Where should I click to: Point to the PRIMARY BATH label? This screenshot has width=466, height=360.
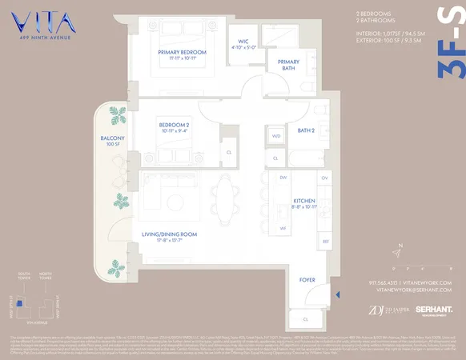(x=288, y=66)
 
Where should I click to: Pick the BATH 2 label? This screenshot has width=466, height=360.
(x=307, y=130)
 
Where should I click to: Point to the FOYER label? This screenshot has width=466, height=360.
(x=308, y=280)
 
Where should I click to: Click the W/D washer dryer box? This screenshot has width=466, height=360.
(x=276, y=136)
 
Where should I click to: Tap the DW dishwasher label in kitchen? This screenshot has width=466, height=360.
(x=283, y=177)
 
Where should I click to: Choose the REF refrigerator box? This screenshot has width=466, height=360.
(x=325, y=241)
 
